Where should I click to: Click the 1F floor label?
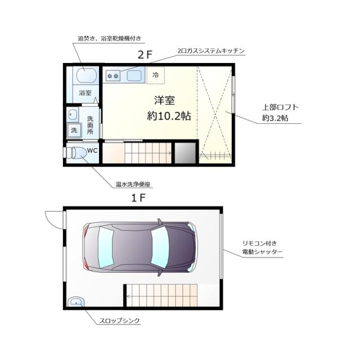[139, 198]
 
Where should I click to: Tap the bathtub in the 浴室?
[85, 74]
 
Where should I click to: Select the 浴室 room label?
[85, 92]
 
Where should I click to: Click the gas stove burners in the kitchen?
[113, 75]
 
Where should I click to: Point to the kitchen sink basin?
[132, 74]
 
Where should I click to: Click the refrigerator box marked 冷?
[156, 74]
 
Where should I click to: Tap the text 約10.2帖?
[168, 116]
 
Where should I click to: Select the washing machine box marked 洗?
[74, 130]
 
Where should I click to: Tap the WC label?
[92, 150]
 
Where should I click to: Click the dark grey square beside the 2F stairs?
[184, 152]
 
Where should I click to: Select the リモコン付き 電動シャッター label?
[262, 247]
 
